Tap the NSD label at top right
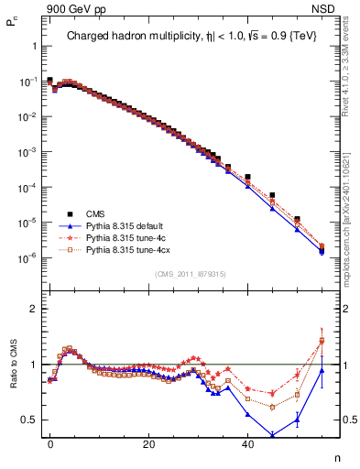336,8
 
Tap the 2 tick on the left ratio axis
32,309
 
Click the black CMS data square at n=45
272,195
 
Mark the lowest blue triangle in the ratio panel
272,435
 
